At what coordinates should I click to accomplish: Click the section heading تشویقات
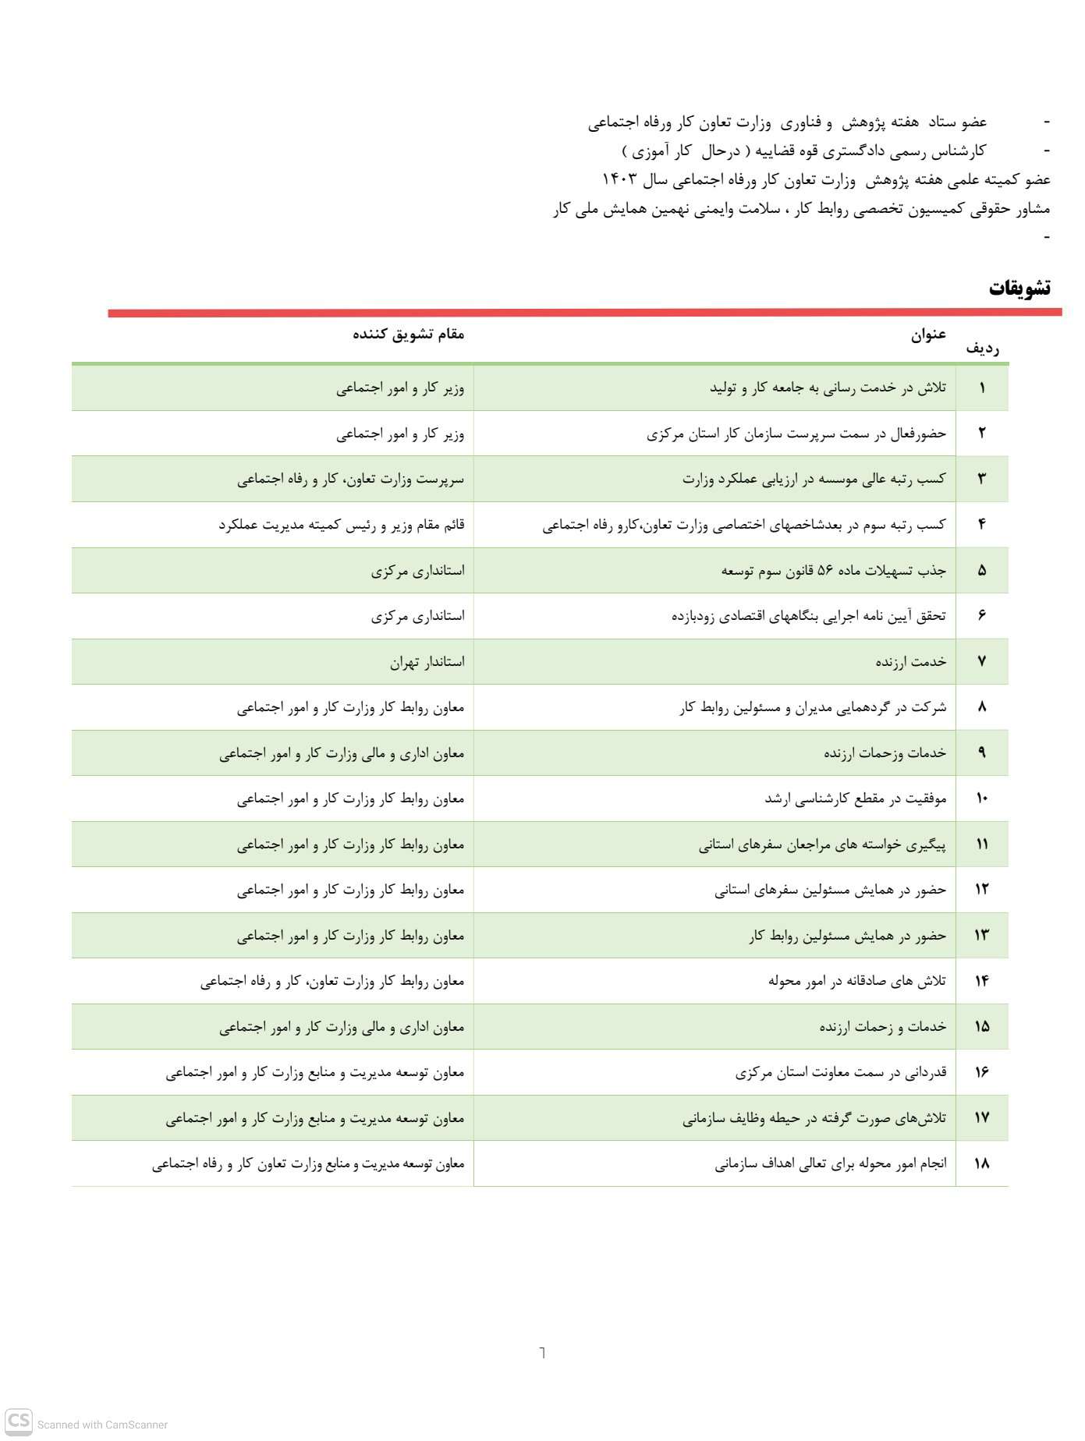[x=1019, y=289]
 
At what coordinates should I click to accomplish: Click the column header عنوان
[x=928, y=335]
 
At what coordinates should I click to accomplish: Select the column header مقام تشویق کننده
[x=408, y=335]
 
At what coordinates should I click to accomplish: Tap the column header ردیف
[x=983, y=348]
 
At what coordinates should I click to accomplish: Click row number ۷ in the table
[x=981, y=662]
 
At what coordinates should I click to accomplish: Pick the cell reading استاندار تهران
[x=427, y=662]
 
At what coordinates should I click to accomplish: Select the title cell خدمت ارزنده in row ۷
[x=910, y=662]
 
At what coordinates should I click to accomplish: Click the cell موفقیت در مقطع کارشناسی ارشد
[x=855, y=799]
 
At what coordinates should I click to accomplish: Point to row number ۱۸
[x=981, y=1163]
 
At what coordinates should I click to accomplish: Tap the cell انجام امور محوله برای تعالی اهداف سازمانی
[x=830, y=1163]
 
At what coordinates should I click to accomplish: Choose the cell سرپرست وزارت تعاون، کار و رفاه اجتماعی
[x=350, y=479]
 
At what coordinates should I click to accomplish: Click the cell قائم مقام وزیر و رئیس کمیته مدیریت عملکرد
[x=341, y=525]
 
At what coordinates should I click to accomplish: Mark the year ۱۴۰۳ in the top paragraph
[x=622, y=179]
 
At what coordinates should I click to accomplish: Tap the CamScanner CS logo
[x=20, y=1421]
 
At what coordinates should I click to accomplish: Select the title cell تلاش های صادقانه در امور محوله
[x=856, y=981]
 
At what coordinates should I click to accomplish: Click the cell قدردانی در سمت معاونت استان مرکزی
[x=840, y=1072]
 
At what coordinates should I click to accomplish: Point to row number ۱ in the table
[x=981, y=388]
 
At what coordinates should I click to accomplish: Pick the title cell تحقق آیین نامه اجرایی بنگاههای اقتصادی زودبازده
[x=808, y=616]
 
